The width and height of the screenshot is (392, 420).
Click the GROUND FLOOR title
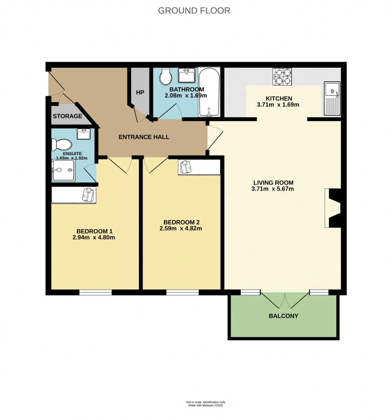pos(194,10)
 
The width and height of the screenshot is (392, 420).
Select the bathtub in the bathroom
pos(209,92)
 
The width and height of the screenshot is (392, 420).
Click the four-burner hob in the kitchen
pos(282,77)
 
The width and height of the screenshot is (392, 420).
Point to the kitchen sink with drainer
pos(332,98)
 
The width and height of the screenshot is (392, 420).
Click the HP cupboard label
pos(140,92)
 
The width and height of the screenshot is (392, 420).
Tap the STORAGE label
pos(67,116)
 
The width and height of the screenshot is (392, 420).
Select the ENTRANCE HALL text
pos(144,137)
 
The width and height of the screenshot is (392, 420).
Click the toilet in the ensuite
pos(62,145)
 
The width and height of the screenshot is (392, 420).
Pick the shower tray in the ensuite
pos(63,170)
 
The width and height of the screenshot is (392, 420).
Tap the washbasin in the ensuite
pos(84,134)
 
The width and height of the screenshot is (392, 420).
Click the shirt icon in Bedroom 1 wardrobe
pos(88,195)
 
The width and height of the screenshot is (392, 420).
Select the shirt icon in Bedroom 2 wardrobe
pos(186,167)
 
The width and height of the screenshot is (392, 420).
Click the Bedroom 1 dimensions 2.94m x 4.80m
pos(94,238)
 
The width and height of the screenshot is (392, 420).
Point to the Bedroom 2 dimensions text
pos(181,229)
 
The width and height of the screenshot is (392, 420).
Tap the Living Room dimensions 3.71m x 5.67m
pos(273,189)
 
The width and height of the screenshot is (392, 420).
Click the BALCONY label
pos(283,316)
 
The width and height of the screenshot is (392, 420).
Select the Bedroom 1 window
pos(96,292)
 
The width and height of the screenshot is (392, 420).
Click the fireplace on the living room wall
pos(333,208)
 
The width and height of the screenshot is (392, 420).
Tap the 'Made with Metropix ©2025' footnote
pos(205,405)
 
